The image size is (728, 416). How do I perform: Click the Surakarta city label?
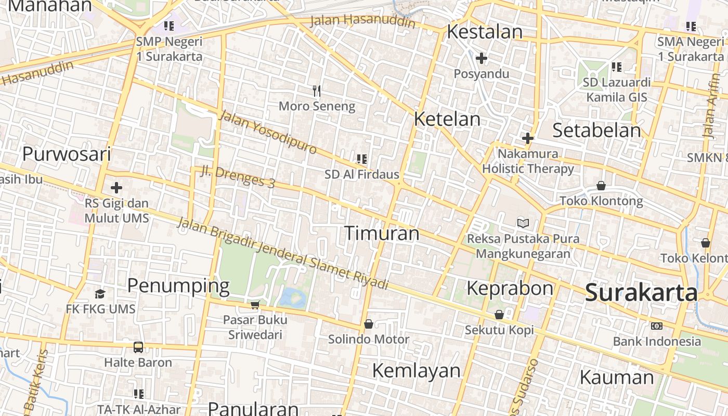pyautogui.click(x=641, y=293)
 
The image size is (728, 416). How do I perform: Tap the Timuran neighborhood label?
pyautogui.click(x=382, y=233)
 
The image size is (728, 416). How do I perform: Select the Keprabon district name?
pyautogui.click(x=510, y=288)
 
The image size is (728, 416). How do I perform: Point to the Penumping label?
pyautogui.click(x=178, y=285)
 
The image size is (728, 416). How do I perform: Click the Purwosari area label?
pyautogui.click(x=67, y=154)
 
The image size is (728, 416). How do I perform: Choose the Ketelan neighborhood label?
pyautogui.click(x=447, y=119)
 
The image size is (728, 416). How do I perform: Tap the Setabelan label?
pyautogui.click(x=596, y=130)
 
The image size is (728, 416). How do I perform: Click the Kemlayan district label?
pyautogui.click(x=416, y=370)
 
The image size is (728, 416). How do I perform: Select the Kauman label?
pyautogui.click(x=617, y=377)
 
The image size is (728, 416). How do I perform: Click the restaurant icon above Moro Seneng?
pyautogui.click(x=317, y=92)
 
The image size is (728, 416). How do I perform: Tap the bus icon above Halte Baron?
pyautogui.click(x=138, y=347)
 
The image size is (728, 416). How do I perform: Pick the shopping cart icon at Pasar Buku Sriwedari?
pyautogui.click(x=255, y=304)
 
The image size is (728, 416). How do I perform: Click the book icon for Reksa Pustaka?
pyautogui.click(x=523, y=223)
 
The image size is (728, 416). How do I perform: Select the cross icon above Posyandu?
pyautogui.click(x=482, y=58)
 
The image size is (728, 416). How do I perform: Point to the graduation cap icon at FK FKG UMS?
pyautogui.click(x=100, y=294)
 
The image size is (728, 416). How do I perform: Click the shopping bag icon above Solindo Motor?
pyautogui.click(x=368, y=324)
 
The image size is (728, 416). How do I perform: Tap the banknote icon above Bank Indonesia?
pyautogui.click(x=656, y=326)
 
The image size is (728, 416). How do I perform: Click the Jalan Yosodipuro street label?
pyautogui.click(x=268, y=132)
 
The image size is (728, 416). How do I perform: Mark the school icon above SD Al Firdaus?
pyautogui.click(x=361, y=159)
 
